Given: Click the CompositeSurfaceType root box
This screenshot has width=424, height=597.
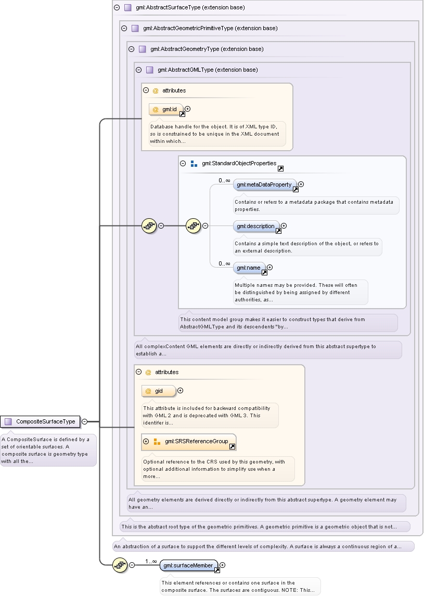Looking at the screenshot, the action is click(40, 421).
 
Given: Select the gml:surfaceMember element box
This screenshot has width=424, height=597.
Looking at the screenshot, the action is click(189, 565).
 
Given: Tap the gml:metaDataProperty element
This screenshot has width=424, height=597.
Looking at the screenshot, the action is click(265, 184).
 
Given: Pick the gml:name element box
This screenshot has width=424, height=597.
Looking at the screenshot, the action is click(249, 268).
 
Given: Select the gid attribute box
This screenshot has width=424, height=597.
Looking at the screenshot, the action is click(159, 391).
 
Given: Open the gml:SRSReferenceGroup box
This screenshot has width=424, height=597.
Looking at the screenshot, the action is click(189, 441).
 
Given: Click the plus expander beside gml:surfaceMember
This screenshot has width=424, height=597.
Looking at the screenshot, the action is click(222, 565).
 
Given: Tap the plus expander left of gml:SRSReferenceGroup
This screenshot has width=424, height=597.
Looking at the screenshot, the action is click(146, 441).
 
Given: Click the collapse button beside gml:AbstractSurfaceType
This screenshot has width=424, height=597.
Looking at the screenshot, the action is click(117, 7).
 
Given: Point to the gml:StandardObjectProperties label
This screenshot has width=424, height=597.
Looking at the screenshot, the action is click(239, 163).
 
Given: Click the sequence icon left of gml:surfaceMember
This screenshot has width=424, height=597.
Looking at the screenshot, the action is click(120, 565).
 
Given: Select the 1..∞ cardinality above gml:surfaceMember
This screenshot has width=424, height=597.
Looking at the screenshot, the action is click(151, 561).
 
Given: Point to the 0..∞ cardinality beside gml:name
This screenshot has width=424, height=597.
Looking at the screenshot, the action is click(224, 263).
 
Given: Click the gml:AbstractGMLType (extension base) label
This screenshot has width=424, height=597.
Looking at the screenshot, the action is click(208, 70).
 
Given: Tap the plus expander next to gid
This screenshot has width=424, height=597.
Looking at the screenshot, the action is click(181, 390).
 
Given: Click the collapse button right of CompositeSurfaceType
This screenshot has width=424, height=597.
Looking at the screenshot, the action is click(85, 421).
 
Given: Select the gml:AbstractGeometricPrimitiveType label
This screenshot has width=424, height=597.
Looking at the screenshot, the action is click(210, 28).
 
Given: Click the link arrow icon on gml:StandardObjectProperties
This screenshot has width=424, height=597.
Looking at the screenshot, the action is click(280, 169).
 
